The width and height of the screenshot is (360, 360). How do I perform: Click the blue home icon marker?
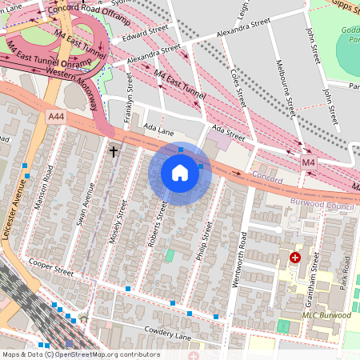click(x=180, y=173)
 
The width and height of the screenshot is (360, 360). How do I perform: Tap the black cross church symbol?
click(x=114, y=150)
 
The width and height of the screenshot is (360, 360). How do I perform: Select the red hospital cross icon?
click(x=295, y=258)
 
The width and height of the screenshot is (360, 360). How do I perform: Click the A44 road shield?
click(x=55, y=117)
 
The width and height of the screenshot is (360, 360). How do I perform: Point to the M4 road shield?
click(x=309, y=162)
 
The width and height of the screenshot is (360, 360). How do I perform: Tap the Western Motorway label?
click(x=56, y=77)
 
